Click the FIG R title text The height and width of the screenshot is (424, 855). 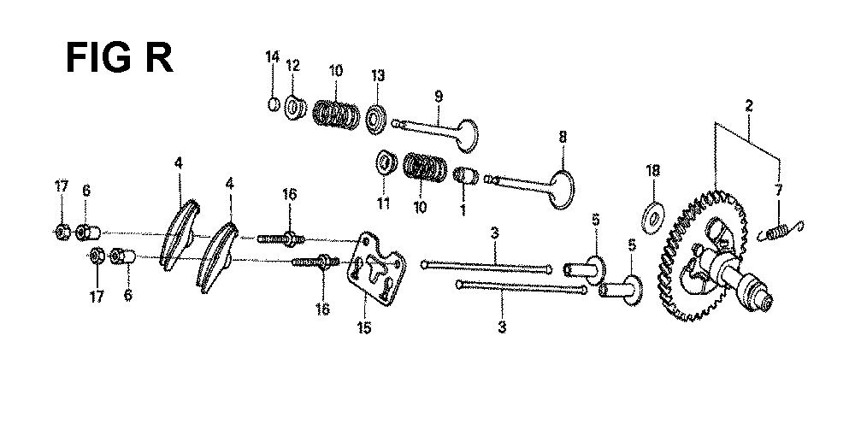[x=120, y=58]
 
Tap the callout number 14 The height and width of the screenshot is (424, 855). [x=272, y=56]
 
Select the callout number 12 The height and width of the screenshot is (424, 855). [x=292, y=66]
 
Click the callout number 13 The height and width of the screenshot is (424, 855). [x=377, y=75]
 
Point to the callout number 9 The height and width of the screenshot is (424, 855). [x=439, y=97]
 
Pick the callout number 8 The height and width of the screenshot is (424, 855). [x=563, y=137]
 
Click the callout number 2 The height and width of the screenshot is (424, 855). [x=749, y=106]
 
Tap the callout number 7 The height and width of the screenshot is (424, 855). [x=778, y=190]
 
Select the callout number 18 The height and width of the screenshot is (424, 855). [x=652, y=171]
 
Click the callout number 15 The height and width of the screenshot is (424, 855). [x=364, y=327]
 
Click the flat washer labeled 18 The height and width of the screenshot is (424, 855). [x=652, y=218]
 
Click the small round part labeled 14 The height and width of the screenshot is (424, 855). [x=274, y=103]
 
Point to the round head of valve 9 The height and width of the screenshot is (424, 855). [x=468, y=135]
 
